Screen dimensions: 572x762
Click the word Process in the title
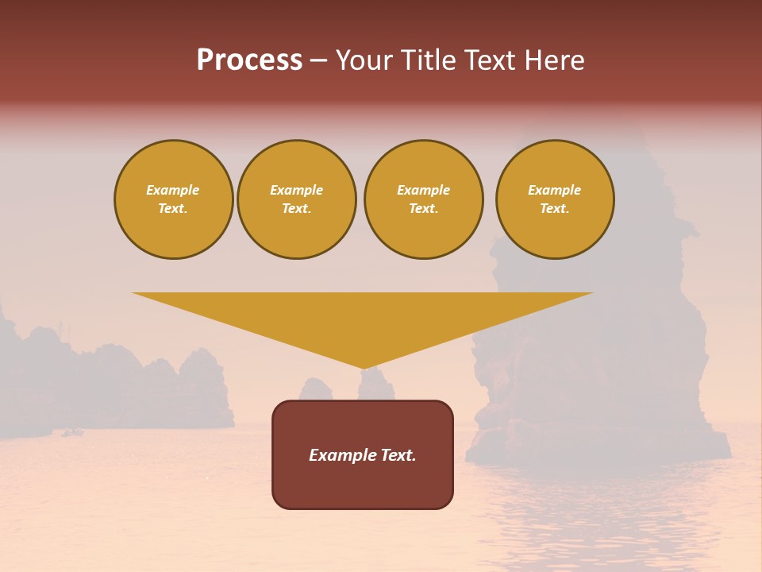tap(249, 60)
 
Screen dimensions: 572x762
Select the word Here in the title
tap(554, 60)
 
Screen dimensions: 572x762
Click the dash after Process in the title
tap(318, 61)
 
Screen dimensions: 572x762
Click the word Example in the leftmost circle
tap(173, 190)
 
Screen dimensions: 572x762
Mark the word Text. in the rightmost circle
tap(554, 209)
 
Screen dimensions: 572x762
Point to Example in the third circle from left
tap(423, 190)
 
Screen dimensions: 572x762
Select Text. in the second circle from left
tap(296, 209)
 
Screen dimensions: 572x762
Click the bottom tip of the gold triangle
tap(364, 367)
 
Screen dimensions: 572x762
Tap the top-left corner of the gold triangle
tap(134, 294)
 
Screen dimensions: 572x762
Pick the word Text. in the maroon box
tap(399, 455)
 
